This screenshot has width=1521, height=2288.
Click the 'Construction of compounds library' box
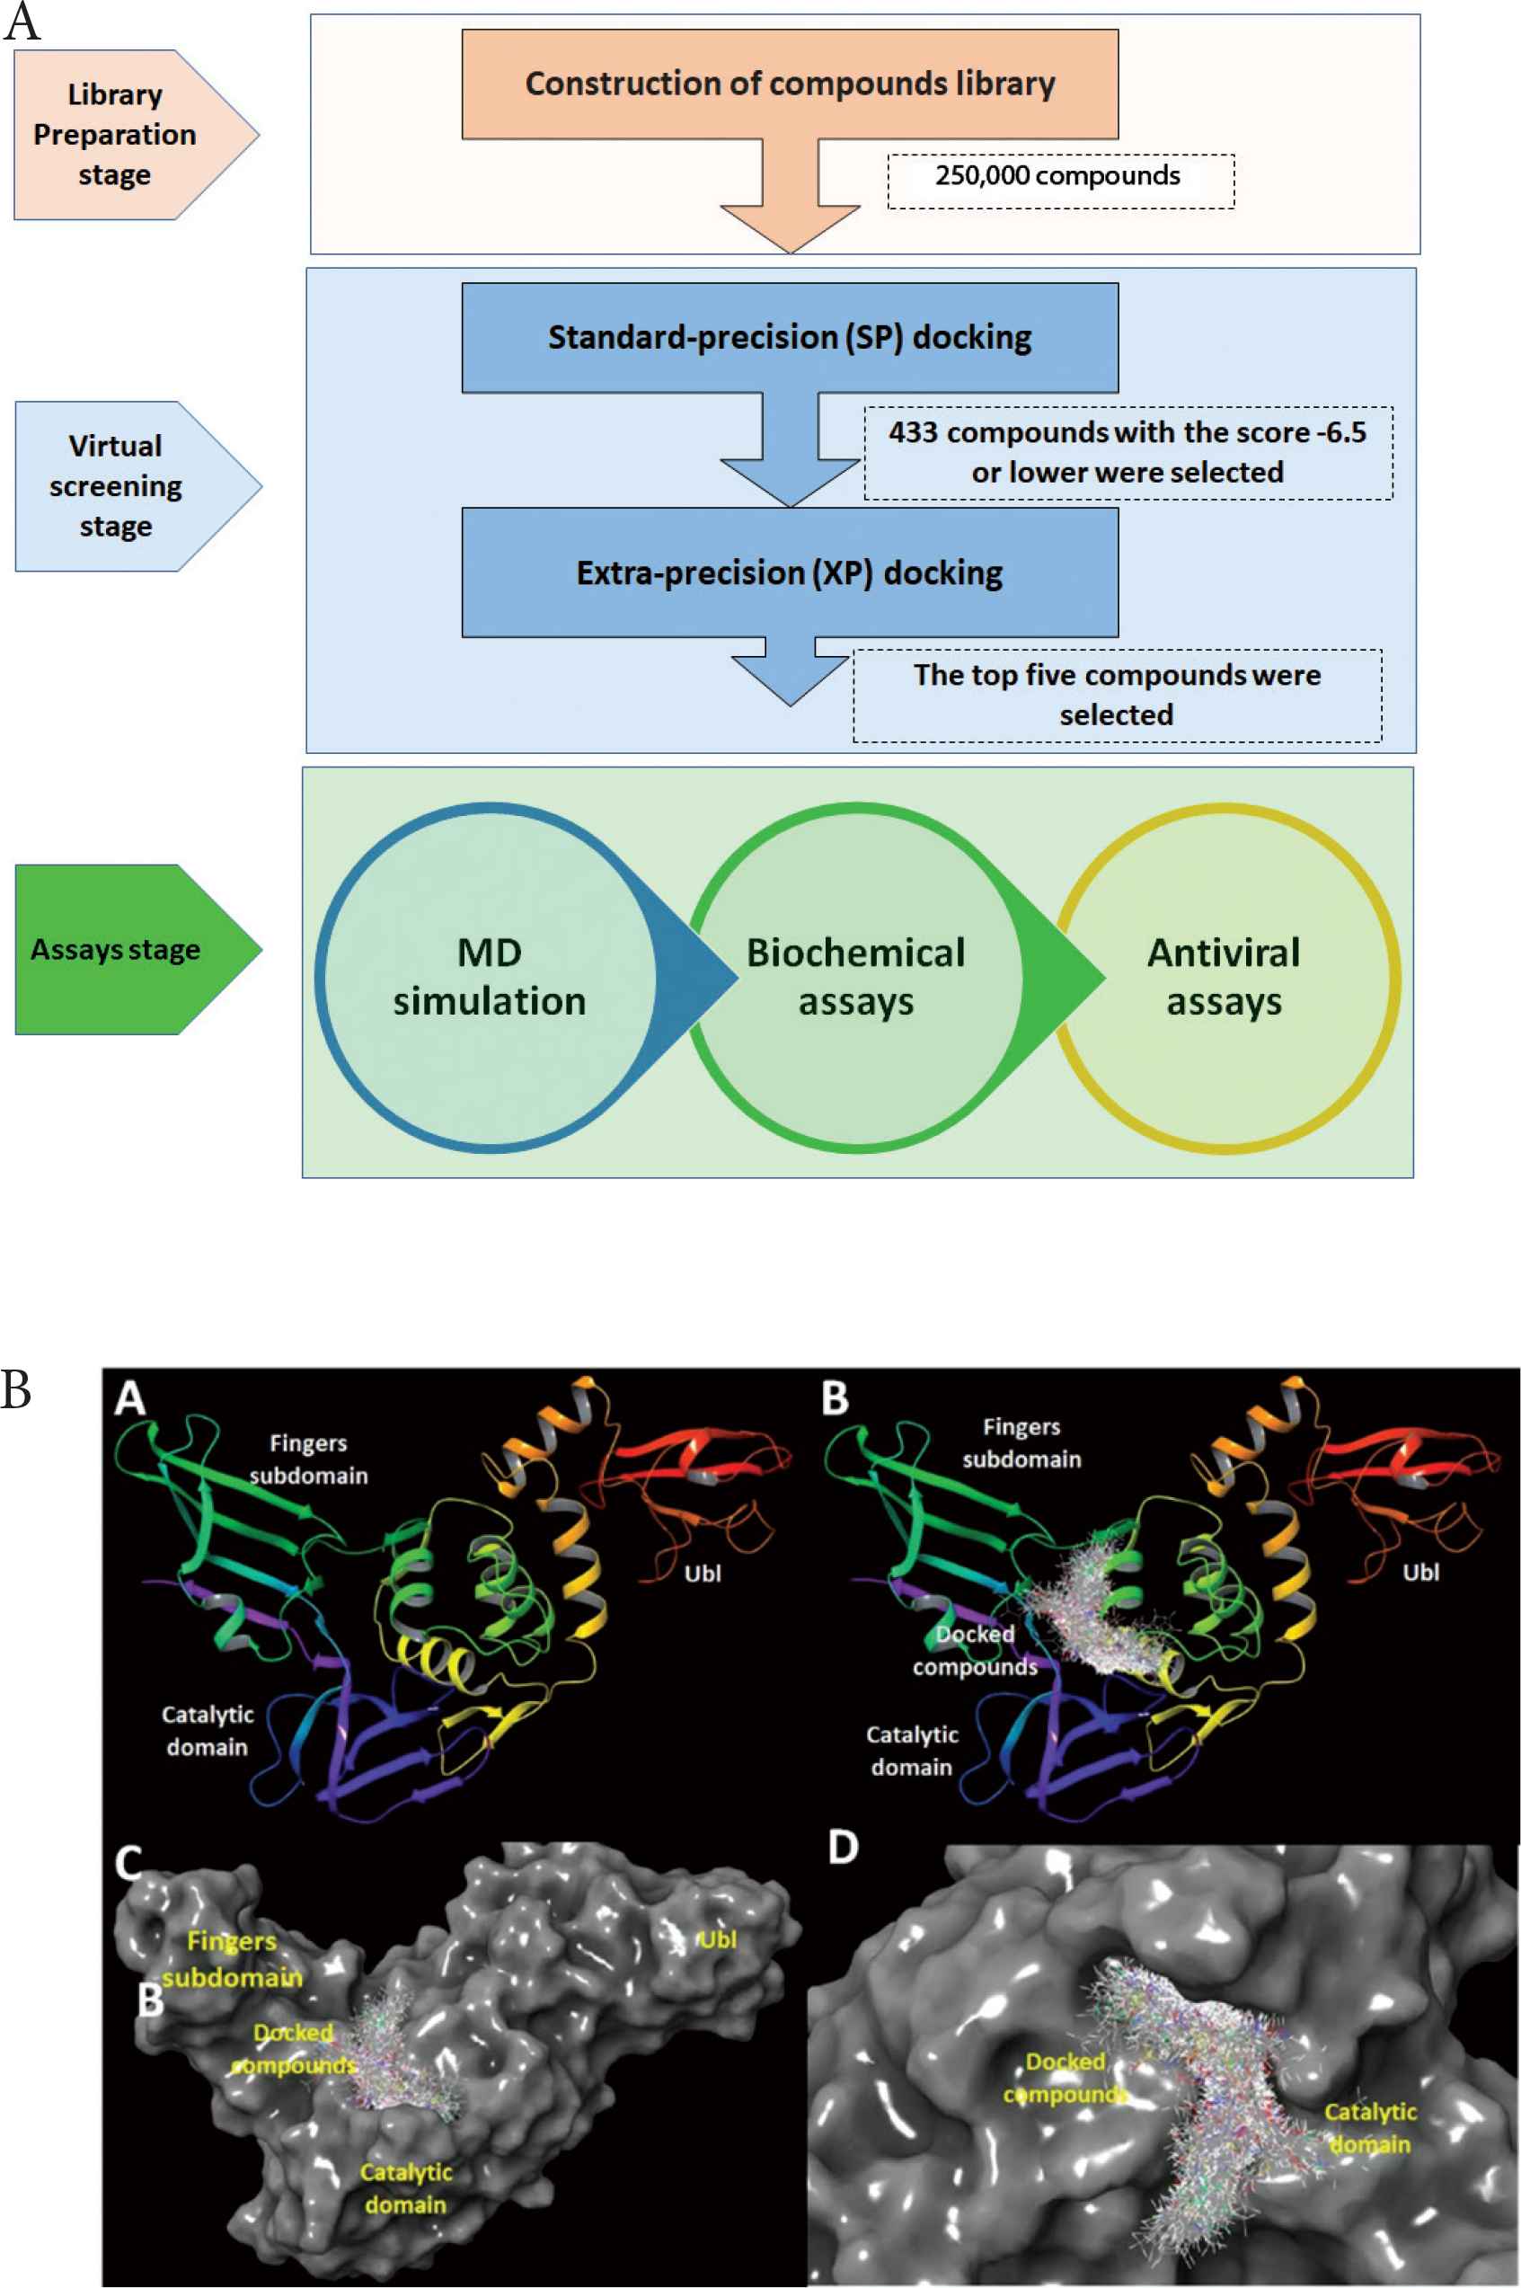[x=790, y=84]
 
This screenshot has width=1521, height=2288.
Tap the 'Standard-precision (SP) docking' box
[x=790, y=338]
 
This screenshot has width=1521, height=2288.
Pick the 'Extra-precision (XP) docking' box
[x=790, y=572]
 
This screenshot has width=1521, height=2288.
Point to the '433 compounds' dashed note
[x=1128, y=453]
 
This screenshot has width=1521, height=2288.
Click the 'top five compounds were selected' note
[x=1118, y=696]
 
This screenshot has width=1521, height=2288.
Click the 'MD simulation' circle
[x=489, y=977]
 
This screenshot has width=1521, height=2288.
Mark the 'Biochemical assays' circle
[x=855, y=977]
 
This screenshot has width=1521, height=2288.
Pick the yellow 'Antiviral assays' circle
[x=1225, y=977]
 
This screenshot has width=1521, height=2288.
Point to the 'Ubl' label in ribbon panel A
[x=703, y=1574]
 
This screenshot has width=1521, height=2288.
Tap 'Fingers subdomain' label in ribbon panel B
[x=1021, y=1443]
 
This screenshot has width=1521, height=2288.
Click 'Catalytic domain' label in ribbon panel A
[x=208, y=1731]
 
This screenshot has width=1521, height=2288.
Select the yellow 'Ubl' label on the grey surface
[x=718, y=1940]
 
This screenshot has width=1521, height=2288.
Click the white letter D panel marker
[x=843, y=1847]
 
